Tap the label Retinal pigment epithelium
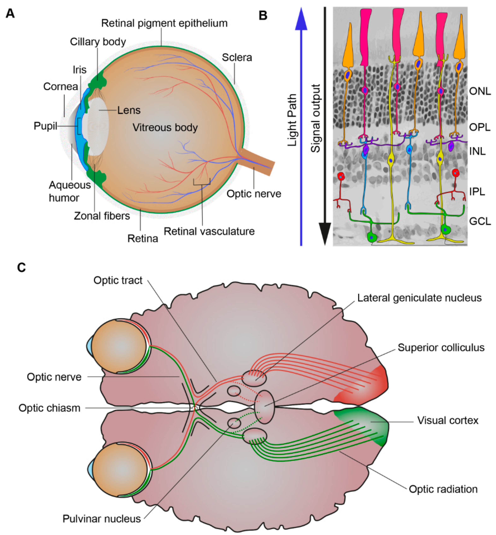pos(164,23)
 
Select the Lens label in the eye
pos(129,110)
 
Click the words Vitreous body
pos(165,128)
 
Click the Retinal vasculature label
pos(209,231)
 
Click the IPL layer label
pos(477,192)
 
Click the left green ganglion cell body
pos(372,237)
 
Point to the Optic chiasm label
pos(49,408)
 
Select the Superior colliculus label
pos(441,348)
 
